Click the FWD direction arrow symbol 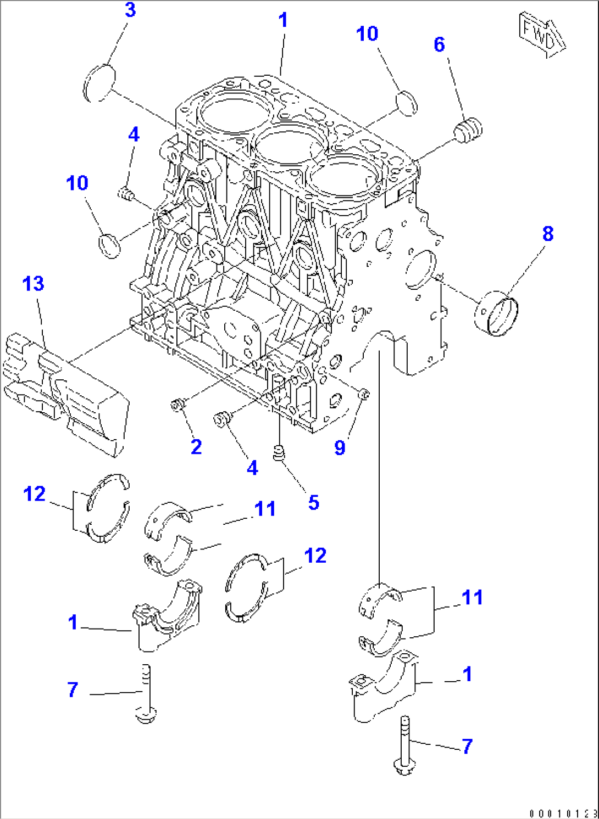click(x=541, y=35)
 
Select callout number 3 click(x=130, y=10)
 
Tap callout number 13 click(x=33, y=284)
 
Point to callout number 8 click(x=547, y=234)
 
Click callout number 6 click(x=439, y=44)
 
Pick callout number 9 click(x=340, y=448)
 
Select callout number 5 click(x=313, y=502)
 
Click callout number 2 click(x=196, y=447)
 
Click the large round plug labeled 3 click(x=100, y=83)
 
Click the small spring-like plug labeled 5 click(x=279, y=453)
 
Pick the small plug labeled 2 click(x=177, y=406)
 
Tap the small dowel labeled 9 click(x=363, y=394)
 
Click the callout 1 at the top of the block click(x=283, y=20)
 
